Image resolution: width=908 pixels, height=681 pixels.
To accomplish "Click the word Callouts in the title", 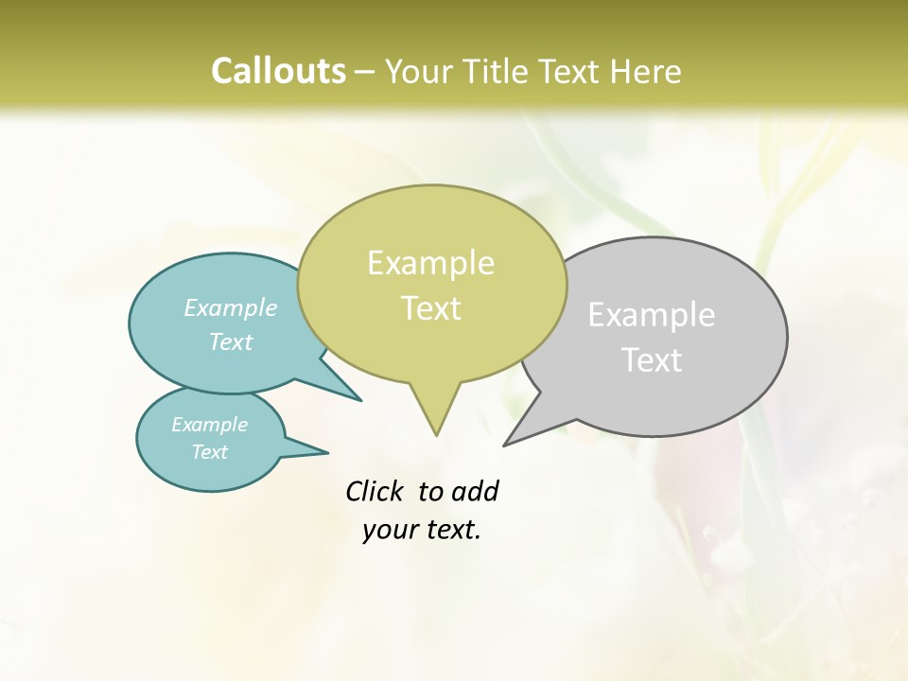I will point(278,71).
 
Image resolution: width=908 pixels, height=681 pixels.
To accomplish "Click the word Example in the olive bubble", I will point(430,263).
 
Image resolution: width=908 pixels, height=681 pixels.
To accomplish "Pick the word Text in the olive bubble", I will point(430,308).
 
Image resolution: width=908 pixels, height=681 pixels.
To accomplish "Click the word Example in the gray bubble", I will point(652,315).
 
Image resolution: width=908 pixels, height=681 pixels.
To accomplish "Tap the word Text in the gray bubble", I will point(652,360).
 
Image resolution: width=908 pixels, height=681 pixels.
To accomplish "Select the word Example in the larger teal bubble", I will point(231,308).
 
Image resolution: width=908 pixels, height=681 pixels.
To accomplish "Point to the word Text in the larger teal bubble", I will point(231,342).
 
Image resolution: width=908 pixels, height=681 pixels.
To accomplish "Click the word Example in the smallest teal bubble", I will point(209,425).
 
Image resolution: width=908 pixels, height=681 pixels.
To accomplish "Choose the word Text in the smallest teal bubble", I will point(209,452).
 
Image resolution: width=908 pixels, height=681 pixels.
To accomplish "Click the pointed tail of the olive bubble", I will point(435,421).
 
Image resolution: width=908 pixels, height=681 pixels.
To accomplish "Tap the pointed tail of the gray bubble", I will point(518,435).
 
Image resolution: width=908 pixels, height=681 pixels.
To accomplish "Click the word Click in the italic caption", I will point(375,492).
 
